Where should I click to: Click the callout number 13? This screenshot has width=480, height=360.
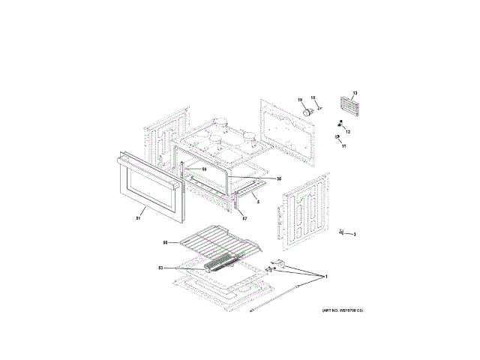click(355, 93)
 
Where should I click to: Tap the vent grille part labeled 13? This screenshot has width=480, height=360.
click(347, 106)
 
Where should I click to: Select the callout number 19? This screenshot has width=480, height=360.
click(299, 100)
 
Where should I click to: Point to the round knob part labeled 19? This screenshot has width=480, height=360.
click(305, 111)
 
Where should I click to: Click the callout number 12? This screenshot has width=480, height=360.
click(347, 132)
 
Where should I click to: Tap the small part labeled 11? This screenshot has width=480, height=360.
click(337, 137)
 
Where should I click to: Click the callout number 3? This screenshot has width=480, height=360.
click(355, 235)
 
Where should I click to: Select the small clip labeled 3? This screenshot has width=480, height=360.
click(341, 232)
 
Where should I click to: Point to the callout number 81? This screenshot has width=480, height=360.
click(138, 219)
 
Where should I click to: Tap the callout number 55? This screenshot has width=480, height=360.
click(165, 242)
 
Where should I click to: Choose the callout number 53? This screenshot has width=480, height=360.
click(160, 267)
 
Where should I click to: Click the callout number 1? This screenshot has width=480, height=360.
click(326, 277)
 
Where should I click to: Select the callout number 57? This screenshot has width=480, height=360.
click(244, 218)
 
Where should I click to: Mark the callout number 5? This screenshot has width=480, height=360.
click(256, 202)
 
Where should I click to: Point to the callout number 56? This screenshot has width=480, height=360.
click(203, 169)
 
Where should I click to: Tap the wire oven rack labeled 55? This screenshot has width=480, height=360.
click(217, 241)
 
